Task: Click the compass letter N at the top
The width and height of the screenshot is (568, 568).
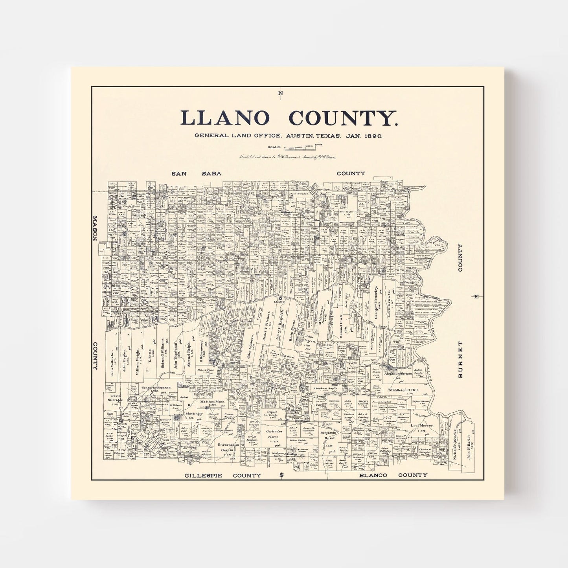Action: [x=280, y=93]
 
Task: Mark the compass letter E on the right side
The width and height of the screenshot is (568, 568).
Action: [x=476, y=296]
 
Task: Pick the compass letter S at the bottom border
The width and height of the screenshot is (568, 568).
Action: [x=281, y=476]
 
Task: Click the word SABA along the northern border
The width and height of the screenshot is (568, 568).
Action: [x=211, y=173]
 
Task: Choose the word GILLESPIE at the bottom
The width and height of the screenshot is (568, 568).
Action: [x=203, y=476]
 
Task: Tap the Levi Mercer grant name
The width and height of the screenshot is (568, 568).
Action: [x=422, y=426]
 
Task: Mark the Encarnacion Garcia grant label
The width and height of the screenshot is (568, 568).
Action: [x=228, y=448]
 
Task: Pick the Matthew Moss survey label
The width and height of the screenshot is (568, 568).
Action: [x=212, y=402]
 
